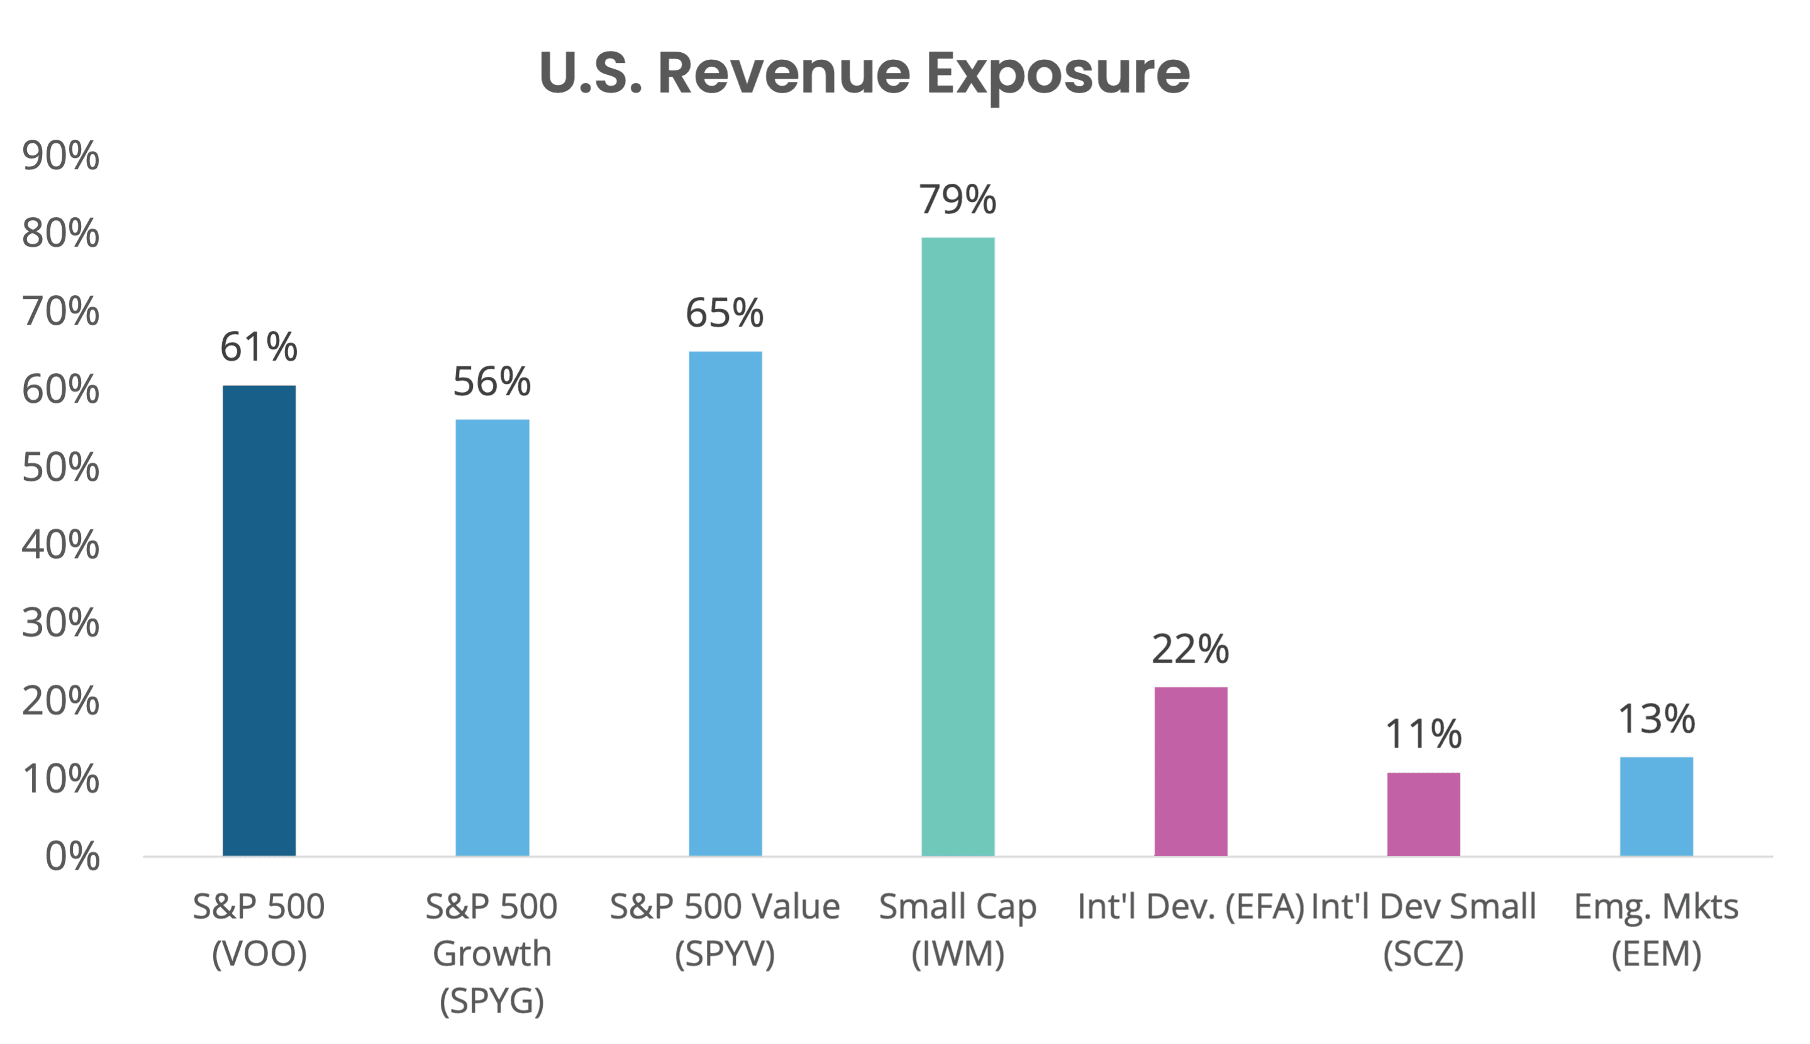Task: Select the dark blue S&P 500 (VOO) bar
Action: click(259, 620)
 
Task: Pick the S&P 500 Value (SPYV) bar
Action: click(725, 603)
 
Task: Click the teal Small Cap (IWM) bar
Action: click(958, 546)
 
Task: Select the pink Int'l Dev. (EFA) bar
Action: click(1190, 771)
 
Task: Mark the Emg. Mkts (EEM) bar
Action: click(1656, 806)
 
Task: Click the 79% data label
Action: click(958, 199)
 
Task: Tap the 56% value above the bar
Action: click(492, 381)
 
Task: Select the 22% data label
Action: click(1190, 649)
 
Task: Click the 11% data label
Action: click(1423, 734)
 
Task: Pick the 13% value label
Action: click(1656, 719)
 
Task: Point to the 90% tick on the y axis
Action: click(61, 156)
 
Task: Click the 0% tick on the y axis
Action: click(72, 856)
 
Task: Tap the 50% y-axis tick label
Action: click(61, 468)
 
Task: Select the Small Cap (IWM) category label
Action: click(958, 929)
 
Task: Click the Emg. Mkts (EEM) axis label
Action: click(1656, 929)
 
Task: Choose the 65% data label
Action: click(725, 313)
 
